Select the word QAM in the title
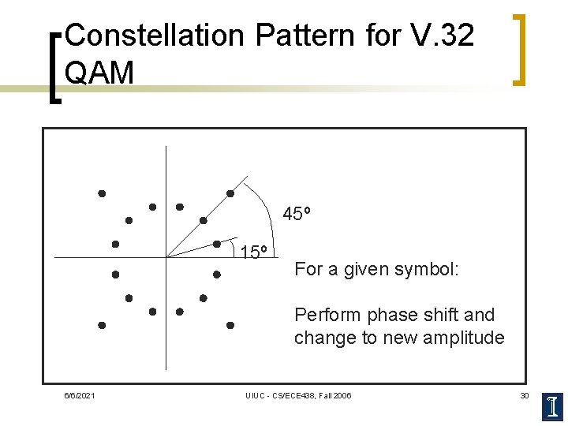click(x=100, y=73)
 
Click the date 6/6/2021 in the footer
click(x=80, y=395)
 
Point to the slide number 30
click(x=524, y=395)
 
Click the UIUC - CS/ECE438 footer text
click(x=298, y=395)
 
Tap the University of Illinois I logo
click(x=553, y=405)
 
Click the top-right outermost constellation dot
click(x=230, y=193)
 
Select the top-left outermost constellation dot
click(x=102, y=193)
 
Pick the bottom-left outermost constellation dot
click(x=102, y=325)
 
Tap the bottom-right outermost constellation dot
click(x=230, y=325)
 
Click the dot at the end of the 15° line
click(x=216, y=244)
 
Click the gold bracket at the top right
click(x=519, y=49)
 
